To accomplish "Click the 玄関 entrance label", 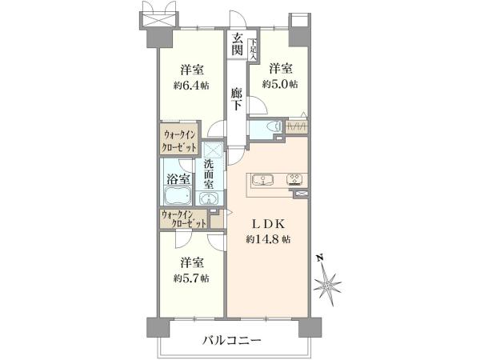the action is pos(237,44).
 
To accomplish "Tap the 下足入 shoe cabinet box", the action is pos(253,50).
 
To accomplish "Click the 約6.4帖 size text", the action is pos(191,86).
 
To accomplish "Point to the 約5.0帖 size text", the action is pos(279,84).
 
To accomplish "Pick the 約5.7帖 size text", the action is pos(191,278).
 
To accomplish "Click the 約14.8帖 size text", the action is pos(268,238).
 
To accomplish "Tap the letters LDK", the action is pos(269,224).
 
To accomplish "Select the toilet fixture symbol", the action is pos(274,126).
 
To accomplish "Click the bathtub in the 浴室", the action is pos(178,195).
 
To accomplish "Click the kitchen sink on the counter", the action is pos(262,180).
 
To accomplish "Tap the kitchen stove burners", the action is pos(294,180).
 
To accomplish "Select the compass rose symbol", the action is pos(327,286).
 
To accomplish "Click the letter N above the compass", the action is pos(320,258).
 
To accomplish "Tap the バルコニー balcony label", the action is pos(232,340).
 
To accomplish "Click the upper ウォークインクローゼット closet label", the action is pos(180,141).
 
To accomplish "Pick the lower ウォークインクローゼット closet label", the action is pos(184,219).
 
